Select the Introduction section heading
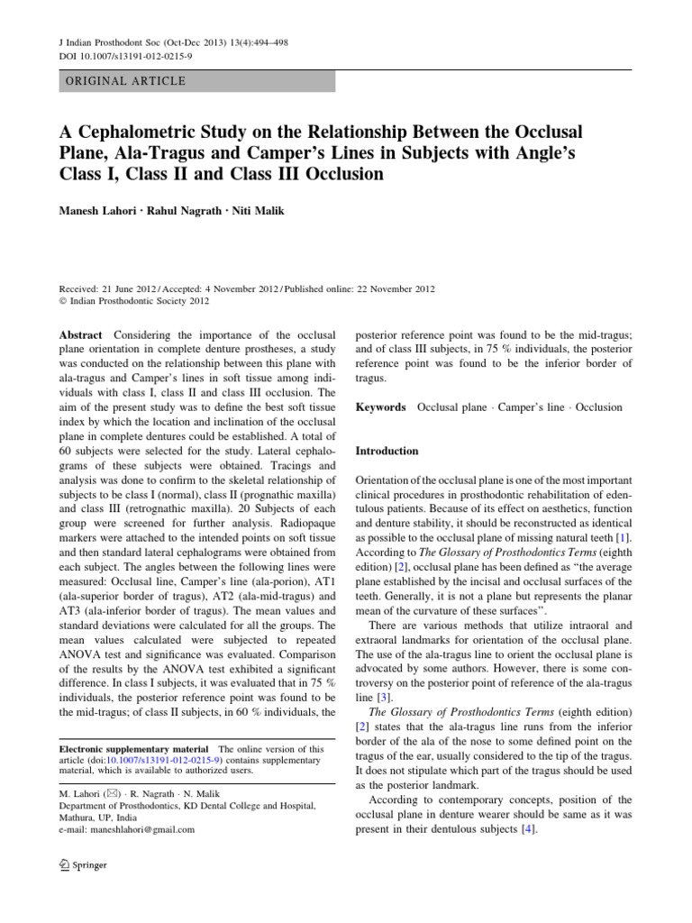coord(387,451)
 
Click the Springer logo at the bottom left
coord(83,864)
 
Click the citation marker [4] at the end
coord(534,829)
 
